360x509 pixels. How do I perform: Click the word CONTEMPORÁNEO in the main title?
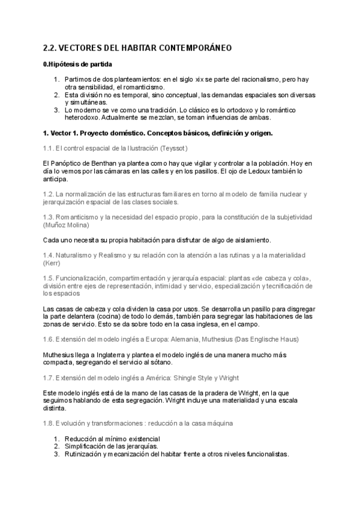tap(194, 47)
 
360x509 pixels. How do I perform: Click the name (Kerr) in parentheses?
tap(52, 263)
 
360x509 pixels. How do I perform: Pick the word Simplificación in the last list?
tap(88, 446)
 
